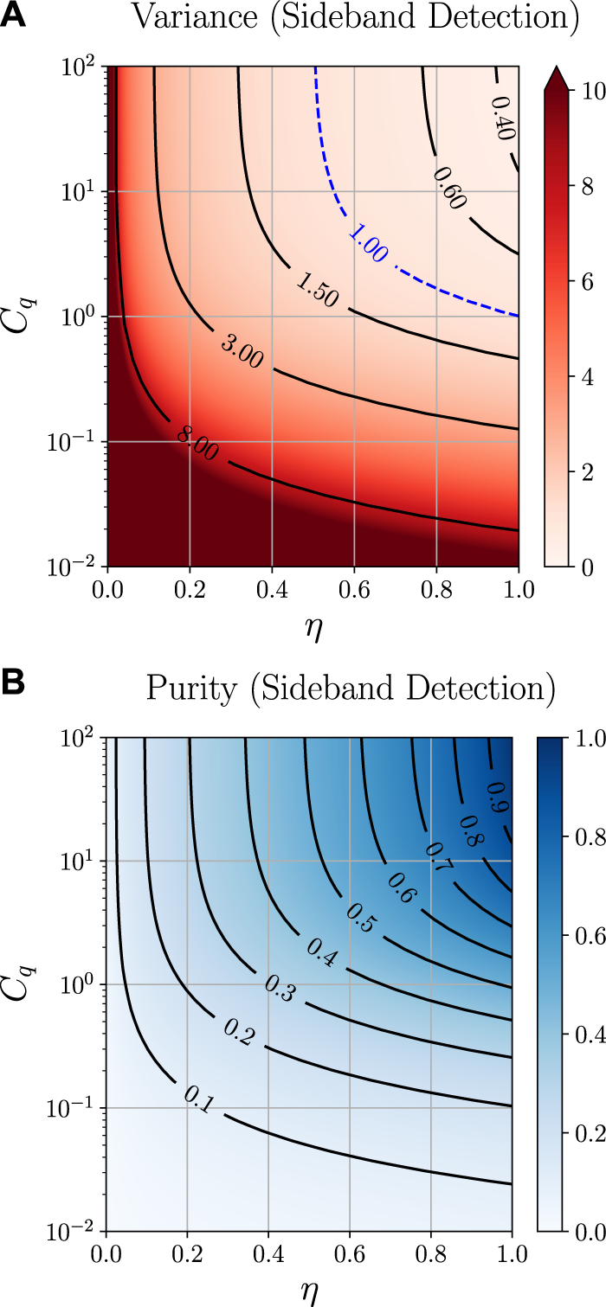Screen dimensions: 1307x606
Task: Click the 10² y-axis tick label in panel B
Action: click(82, 738)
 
